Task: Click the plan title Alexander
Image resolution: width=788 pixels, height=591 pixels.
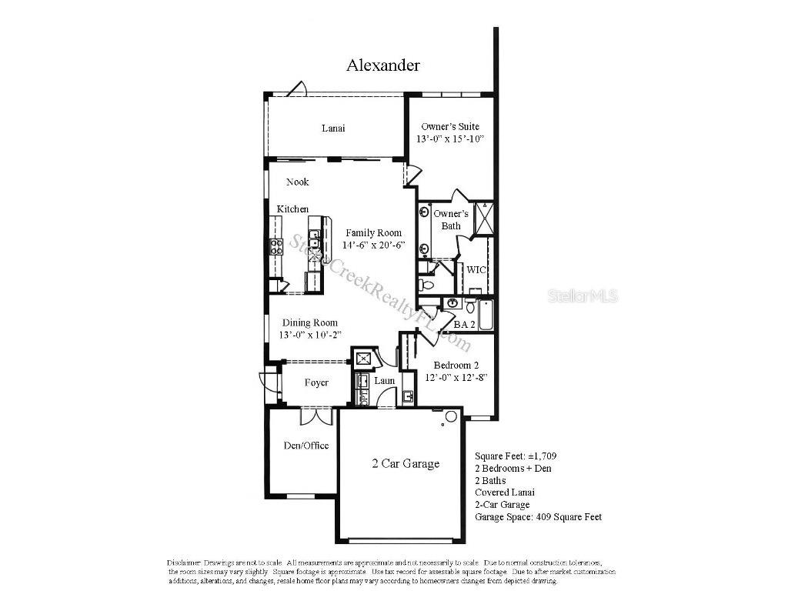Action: click(382, 65)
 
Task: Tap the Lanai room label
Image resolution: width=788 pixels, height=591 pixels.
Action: click(332, 129)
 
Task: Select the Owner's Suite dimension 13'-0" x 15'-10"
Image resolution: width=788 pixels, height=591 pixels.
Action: click(450, 139)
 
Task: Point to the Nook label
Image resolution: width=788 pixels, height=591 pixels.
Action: click(298, 182)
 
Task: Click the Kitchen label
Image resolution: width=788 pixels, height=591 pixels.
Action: click(292, 209)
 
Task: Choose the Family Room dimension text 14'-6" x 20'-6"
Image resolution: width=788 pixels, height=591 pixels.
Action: click(373, 245)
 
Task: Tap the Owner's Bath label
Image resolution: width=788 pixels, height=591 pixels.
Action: click(450, 219)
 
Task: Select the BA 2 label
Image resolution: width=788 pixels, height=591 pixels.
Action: click(464, 325)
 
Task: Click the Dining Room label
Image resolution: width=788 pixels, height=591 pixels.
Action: click(309, 323)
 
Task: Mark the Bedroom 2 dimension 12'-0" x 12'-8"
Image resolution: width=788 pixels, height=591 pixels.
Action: click(456, 378)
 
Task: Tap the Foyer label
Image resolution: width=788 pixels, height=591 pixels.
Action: click(316, 382)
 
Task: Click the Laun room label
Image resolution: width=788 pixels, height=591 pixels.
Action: click(385, 381)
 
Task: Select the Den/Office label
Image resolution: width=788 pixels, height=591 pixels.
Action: click(306, 446)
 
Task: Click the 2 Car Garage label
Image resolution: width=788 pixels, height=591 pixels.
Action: click(406, 464)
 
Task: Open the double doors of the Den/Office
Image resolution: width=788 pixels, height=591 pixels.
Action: click(316, 416)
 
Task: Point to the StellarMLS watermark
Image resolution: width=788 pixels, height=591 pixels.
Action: click(583, 295)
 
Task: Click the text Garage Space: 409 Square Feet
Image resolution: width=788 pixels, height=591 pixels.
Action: click(538, 517)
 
